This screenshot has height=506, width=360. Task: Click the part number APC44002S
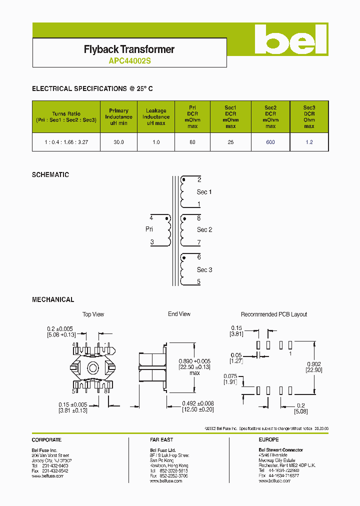129,61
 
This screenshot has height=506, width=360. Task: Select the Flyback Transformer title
129,49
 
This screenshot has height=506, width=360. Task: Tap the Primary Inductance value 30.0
118,142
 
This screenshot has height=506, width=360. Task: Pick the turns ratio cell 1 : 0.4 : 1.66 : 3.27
66,142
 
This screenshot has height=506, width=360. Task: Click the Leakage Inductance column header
156,117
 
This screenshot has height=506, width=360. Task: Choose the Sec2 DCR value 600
270,142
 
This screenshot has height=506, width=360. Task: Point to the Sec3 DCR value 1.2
309,142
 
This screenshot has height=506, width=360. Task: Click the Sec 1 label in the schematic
204,192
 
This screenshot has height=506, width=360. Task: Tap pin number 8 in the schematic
198,218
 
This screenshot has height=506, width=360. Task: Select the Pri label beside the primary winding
149,229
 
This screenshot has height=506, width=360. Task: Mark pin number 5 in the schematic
198,282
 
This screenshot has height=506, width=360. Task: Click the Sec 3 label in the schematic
204,270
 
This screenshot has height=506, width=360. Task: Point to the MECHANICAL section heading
53,299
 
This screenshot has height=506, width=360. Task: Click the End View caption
179,314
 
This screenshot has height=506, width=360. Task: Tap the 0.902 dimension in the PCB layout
314,364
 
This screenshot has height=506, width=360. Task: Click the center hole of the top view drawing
93,368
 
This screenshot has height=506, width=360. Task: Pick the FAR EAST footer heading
161,440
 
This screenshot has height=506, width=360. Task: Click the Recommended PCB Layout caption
274,314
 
